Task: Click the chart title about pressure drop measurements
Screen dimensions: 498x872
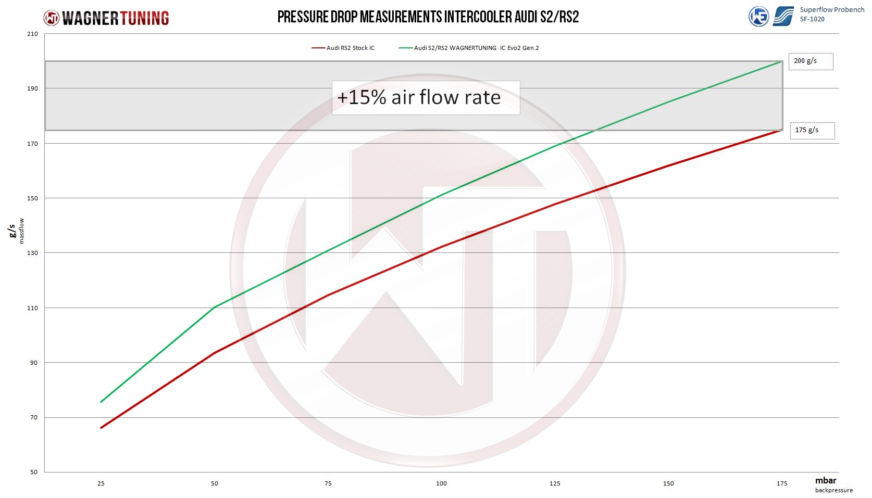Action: (x=428, y=17)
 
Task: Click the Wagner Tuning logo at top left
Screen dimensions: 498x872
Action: (x=106, y=18)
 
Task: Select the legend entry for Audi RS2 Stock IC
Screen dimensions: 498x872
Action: (x=343, y=48)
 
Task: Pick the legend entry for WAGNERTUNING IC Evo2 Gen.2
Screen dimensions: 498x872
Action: (x=469, y=48)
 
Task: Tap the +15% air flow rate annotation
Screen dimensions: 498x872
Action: (x=419, y=98)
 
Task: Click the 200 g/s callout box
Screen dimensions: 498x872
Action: (x=810, y=61)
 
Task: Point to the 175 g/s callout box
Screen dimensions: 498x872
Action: (x=812, y=130)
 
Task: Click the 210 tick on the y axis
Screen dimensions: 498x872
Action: (x=33, y=34)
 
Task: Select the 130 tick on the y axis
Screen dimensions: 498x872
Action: (x=33, y=253)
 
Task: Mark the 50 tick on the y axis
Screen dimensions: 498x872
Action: (x=34, y=472)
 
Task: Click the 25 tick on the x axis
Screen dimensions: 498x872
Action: (x=101, y=483)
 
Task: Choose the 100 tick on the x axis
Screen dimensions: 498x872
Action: (x=441, y=483)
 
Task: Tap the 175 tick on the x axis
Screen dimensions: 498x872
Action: (x=782, y=483)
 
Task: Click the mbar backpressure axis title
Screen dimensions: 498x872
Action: (x=831, y=484)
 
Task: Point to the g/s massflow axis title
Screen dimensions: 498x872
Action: (x=16, y=231)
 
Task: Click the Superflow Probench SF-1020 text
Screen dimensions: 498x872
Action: (x=831, y=14)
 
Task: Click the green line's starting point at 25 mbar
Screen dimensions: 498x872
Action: (x=101, y=402)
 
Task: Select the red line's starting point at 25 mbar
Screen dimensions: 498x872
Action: (x=101, y=428)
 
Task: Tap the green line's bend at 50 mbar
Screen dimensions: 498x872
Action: (x=215, y=307)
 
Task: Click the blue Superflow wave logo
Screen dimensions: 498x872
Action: (x=783, y=16)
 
